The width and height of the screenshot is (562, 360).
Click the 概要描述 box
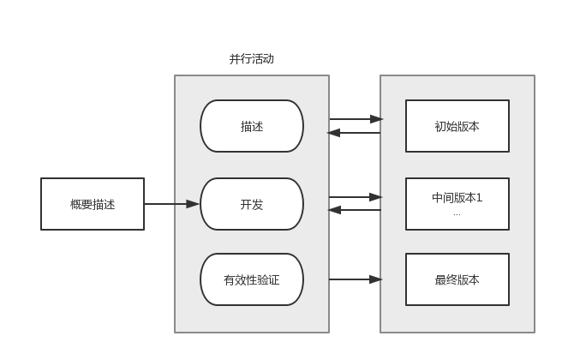93,204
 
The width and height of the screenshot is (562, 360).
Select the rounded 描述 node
252,126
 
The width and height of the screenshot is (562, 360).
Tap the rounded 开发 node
252,204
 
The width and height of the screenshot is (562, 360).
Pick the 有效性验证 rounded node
252,279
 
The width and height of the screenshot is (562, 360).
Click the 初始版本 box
457,126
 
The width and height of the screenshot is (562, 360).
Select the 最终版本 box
457,279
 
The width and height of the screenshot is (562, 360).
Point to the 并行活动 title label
252,59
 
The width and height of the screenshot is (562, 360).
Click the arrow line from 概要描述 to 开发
167,204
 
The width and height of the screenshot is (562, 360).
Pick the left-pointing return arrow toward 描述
355,133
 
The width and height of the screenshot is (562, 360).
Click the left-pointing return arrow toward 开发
355,210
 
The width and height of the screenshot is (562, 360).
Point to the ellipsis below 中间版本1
457,213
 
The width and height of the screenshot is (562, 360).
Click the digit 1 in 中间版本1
479,198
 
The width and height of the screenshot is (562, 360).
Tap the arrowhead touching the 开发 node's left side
193,204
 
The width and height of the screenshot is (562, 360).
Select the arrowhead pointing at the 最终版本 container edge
375,279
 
